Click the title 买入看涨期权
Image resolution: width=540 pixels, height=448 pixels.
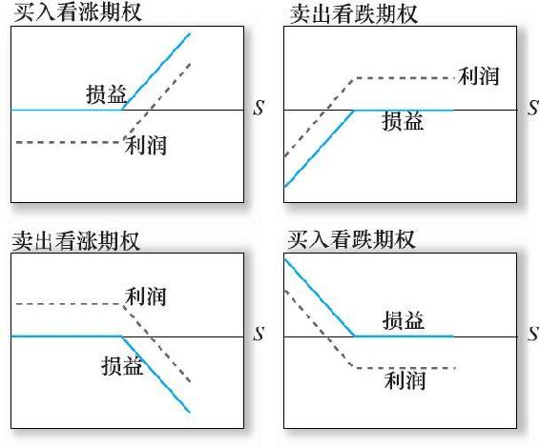77,12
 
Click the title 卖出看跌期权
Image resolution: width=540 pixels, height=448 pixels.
354,13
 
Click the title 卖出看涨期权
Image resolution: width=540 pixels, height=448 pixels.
76,240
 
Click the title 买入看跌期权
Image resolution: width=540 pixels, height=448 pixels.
351,239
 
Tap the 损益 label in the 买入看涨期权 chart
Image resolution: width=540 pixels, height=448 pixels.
107,94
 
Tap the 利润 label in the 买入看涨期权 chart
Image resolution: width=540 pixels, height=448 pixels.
146,145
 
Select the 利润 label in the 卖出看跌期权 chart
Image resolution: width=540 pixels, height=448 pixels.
478,75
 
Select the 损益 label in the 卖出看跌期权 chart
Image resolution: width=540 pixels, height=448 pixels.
403,121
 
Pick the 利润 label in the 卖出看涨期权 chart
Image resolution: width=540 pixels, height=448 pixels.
146,296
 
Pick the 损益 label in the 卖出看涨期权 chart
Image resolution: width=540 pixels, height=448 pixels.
122,365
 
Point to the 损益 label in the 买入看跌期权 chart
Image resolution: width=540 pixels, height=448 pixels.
404,320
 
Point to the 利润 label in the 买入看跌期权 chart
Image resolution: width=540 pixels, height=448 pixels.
405,380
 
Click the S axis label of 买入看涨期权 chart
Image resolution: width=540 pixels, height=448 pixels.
259,108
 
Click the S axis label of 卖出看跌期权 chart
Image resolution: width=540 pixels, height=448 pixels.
533,108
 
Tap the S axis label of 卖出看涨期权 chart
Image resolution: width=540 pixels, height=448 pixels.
259,334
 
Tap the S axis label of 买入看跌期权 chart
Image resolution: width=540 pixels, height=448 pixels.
533,334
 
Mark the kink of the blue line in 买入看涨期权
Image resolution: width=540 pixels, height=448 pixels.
122,110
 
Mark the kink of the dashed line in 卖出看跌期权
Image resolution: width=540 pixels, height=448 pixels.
354,79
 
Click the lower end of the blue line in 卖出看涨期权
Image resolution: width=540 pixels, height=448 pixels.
190,412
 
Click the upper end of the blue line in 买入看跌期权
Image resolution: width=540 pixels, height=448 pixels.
285,259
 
